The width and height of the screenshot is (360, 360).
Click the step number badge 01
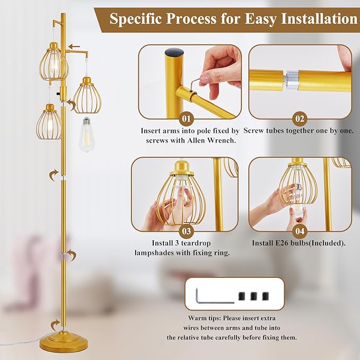[187, 119]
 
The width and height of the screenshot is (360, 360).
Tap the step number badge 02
[300, 119]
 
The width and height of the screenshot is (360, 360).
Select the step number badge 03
[187, 231]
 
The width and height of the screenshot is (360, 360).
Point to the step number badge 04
[300, 231]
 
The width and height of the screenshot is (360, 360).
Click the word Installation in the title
[319, 19]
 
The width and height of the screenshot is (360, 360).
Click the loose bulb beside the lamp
[86, 135]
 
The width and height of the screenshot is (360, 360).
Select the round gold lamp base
[64, 342]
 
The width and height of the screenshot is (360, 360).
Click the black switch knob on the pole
[58, 94]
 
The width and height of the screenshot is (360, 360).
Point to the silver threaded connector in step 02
[291, 80]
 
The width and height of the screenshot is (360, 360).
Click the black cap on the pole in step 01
[174, 52]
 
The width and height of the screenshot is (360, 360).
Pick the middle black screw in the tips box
[253, 296]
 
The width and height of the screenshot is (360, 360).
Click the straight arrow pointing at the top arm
[74, 47]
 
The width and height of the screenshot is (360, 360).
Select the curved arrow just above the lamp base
[55, 324]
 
